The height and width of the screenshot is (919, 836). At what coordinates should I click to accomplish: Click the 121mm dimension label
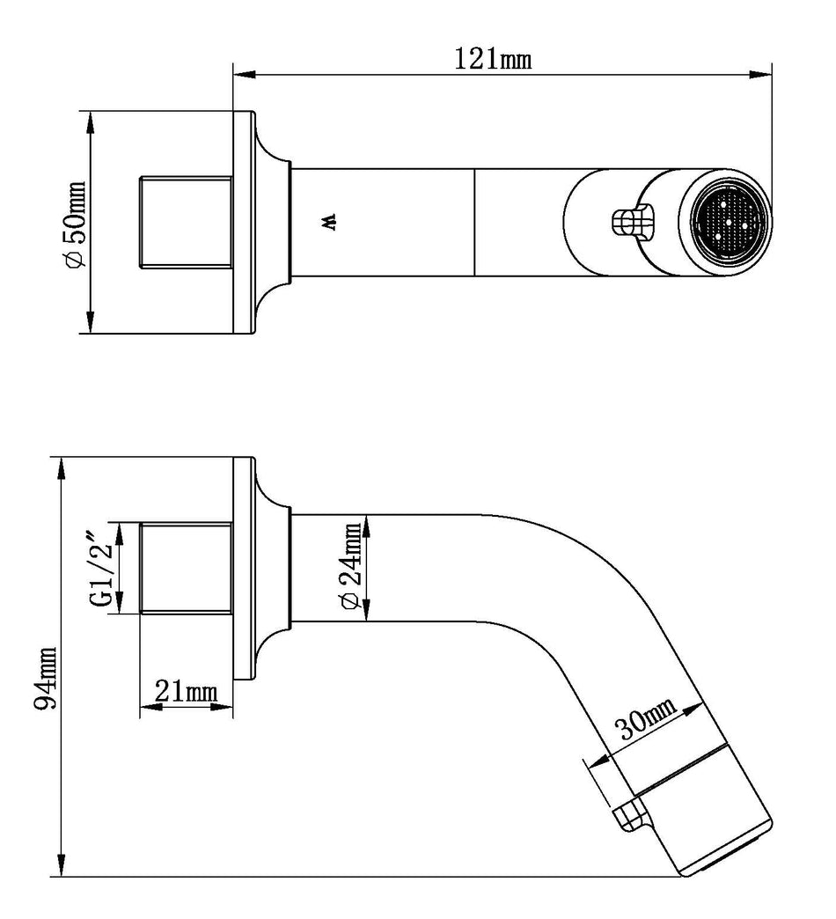[x=494, y=59]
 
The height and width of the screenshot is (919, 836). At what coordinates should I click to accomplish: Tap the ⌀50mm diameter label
[x=76, y=224]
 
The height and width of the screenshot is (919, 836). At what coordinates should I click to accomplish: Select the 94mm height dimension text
[x=46, y=678]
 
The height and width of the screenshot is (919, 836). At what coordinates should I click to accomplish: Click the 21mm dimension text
[x=186, y=692]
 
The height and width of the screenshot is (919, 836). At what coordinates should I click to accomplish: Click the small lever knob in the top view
[x=630, y=222]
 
